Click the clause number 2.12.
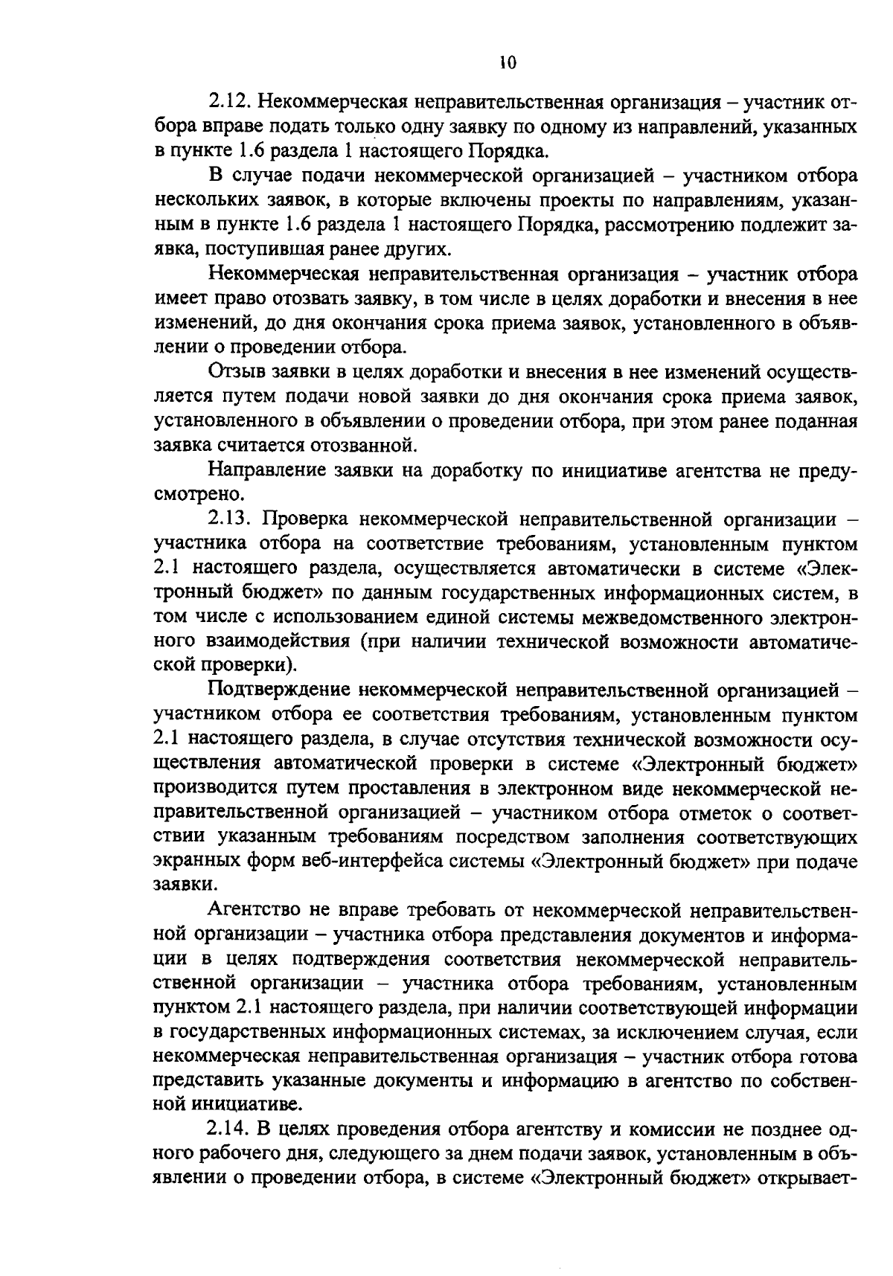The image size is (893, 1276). [232, 103]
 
